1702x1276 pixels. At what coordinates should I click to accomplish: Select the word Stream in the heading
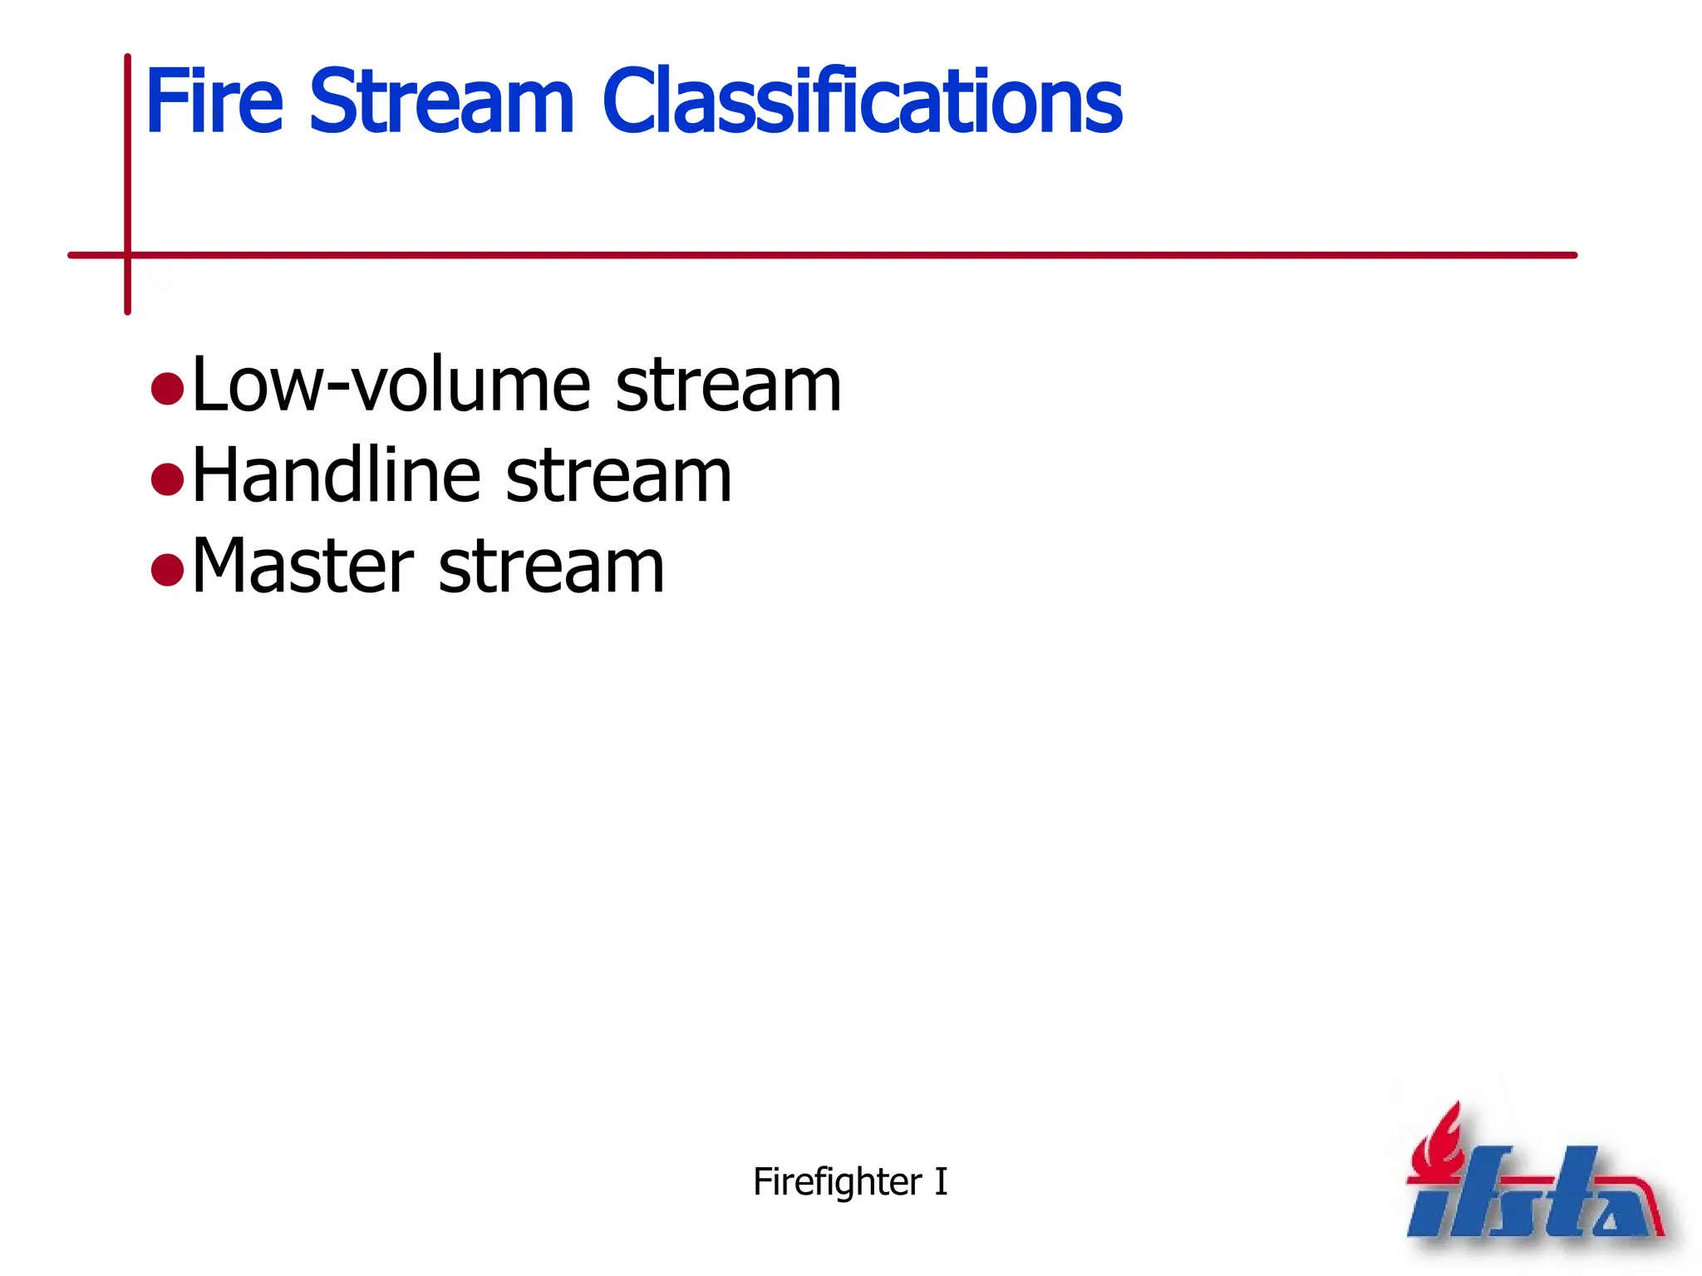click(x=441, y=101)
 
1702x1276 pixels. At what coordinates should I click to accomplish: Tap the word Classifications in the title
click(x=861, y=101)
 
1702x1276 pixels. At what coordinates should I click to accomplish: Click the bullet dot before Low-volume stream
click(x=168, y=389)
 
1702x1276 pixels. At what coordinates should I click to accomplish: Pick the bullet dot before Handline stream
click(x=168, y=479)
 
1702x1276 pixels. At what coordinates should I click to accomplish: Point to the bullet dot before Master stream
click(x=168, y=570)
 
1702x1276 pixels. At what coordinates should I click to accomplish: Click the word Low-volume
click(x=391, y=385)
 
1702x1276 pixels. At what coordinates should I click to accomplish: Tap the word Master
click(x=303, y=567)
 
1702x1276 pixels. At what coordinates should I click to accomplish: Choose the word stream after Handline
click(x=618, y=477)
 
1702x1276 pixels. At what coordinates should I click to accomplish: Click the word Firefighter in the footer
click(x=837, y=1182)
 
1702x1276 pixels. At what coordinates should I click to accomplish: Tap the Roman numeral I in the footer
click(x=941, y=1181)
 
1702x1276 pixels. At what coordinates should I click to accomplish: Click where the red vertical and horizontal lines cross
click(x=128, y=255)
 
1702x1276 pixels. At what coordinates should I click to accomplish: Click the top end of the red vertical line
click(x=128, y=58)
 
